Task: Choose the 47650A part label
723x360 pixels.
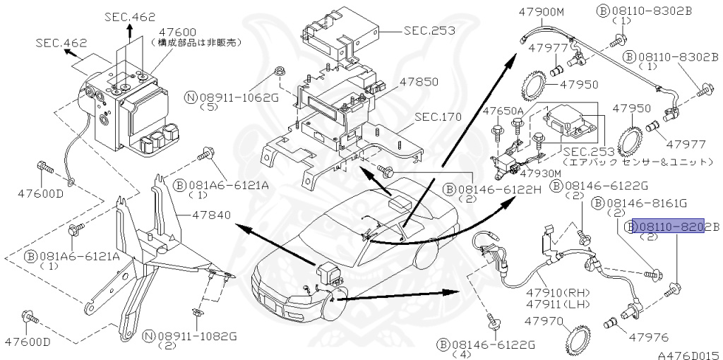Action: point(503,111)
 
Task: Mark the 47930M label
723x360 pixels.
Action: point(541,173)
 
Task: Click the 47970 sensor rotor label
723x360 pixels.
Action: point(543,321)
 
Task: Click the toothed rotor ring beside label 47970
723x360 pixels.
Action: point(578,340)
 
